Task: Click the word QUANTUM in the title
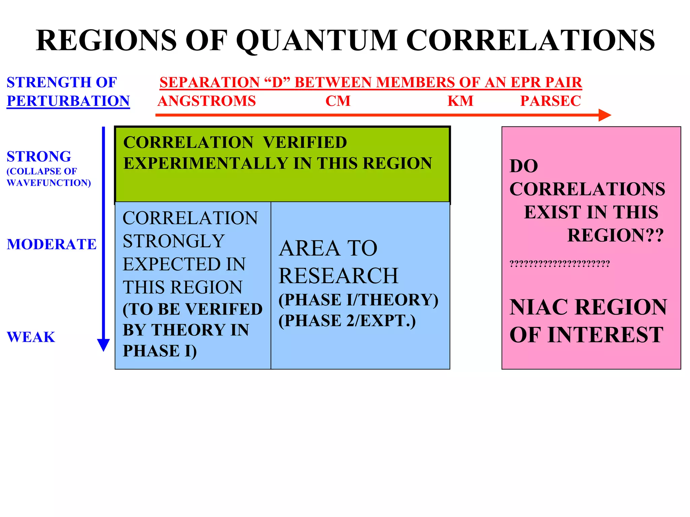[317, 40]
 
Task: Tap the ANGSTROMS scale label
[207, 101]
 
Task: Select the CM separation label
[338, 101]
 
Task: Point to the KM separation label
[460, 101]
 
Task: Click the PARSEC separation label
[551, 101]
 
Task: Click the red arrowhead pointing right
[604, 115]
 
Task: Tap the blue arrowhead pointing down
[103, 345]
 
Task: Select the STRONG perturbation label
[39, 157]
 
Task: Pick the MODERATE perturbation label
[52, 244]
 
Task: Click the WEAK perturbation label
[31, 337]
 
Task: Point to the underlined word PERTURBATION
[68, 101]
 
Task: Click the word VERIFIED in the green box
[305, 142]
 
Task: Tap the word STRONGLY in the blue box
[174, 241]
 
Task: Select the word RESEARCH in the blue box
[338, 276]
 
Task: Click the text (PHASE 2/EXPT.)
[347, 321]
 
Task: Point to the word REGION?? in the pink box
[615, 235]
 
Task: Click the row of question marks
[560, 264]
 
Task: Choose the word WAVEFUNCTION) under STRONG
[49, 183]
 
